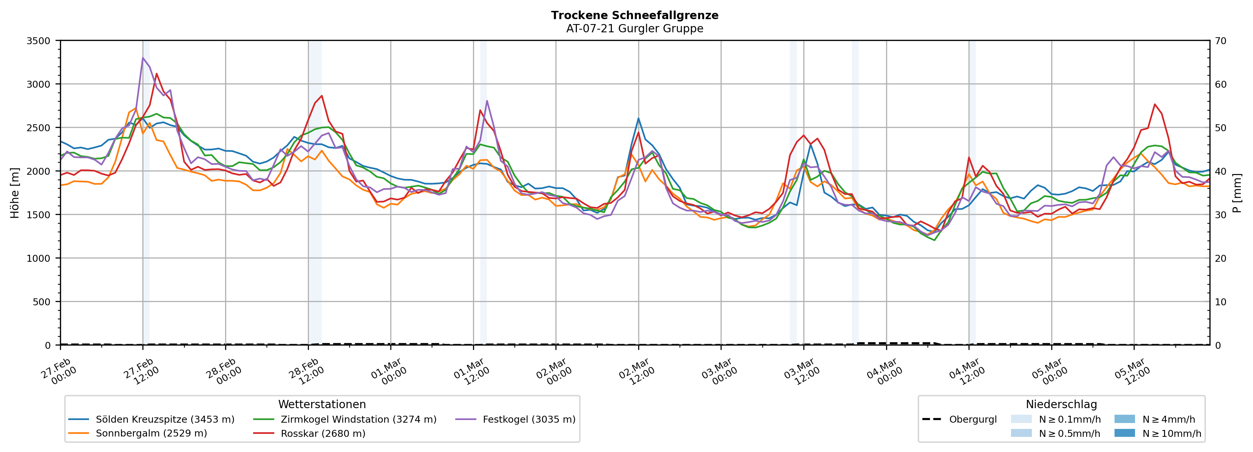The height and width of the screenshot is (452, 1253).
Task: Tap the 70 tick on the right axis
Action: [x=1220, y=41]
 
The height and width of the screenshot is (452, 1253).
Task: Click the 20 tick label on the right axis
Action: [x=1220, y=258]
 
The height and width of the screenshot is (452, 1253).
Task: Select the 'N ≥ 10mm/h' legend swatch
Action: [x=1124, y=433]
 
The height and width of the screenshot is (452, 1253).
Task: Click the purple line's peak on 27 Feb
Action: [x=142, y=58]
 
